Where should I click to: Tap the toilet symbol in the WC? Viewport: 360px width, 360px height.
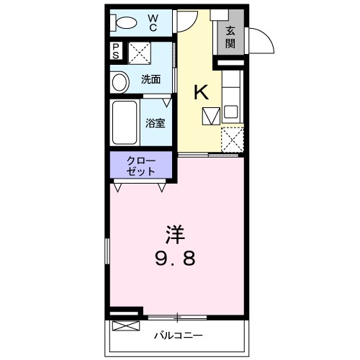[124, 22]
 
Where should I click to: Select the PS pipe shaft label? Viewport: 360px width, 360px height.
[115, 53]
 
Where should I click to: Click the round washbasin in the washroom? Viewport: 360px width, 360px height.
[119, 81]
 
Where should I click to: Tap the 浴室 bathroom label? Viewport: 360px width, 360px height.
[156, 122]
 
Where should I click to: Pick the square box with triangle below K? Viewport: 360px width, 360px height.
[210, 115]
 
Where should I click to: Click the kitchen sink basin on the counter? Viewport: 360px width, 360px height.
[231, 112]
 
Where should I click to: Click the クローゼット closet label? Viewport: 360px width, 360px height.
[141, 166]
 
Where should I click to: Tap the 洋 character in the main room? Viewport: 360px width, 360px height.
[174, 234]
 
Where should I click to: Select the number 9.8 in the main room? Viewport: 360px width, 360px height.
[174, 257]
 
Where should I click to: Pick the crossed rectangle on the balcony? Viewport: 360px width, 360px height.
[123, 326]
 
